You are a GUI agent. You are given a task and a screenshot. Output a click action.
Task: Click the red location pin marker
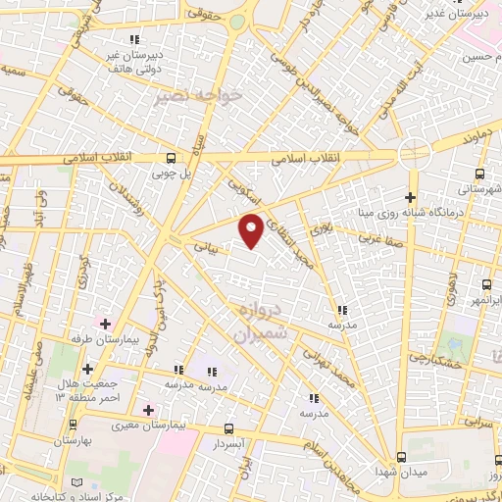click(x=252, y=229)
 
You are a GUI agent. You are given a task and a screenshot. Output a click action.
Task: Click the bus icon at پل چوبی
click(x=172, y=158)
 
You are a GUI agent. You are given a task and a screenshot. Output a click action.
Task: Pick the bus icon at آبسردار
click(x=228, y=428)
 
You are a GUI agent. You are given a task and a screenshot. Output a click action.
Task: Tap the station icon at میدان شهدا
click(x=400, y=458)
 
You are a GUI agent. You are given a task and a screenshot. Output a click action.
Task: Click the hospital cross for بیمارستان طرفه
click(x=105, y=323)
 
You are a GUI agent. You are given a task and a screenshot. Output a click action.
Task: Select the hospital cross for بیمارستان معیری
click(x=148, y=410)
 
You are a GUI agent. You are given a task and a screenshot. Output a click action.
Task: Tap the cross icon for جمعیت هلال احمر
click(x=88, y=368)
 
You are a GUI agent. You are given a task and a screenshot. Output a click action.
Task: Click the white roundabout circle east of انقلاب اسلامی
click(x=414, y=153)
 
